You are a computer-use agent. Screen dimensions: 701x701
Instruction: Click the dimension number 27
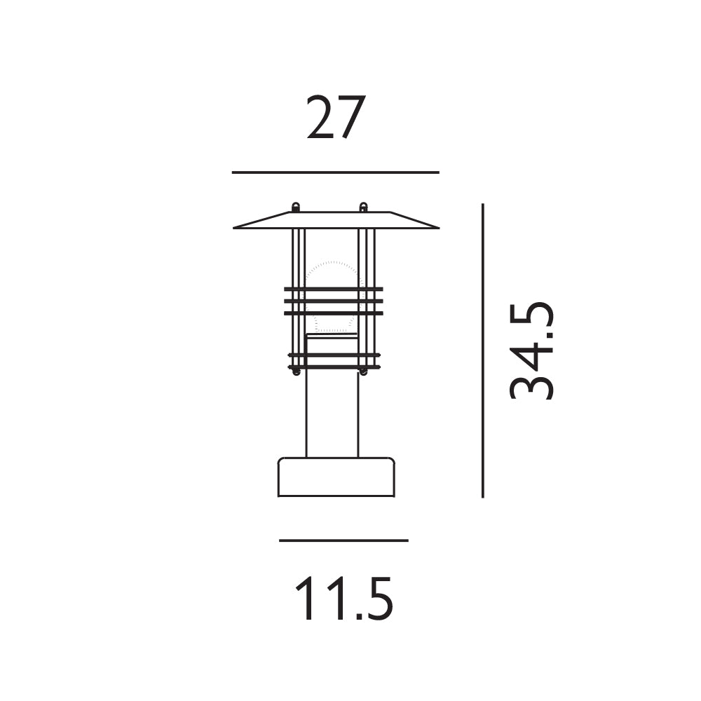click(x=336, y=116)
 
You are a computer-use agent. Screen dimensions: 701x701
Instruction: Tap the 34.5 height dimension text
click(x=531, y=350)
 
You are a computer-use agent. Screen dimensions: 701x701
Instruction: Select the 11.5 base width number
click(x=344, y=598)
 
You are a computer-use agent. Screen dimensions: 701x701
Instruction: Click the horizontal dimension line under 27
click(x=335, y=172)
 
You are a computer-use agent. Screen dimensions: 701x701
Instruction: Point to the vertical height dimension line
click(x=483, y=350)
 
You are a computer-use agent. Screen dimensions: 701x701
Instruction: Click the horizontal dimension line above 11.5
click(x=343, y=540)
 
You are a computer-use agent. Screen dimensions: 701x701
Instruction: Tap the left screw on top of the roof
click(x=296, y=207)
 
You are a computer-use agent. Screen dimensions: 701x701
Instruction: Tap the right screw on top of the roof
click(x=363, y=207)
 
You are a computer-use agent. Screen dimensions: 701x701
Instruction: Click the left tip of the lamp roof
click(x=233, y=228)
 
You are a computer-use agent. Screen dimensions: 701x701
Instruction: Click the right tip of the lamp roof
click(x=439, y=228)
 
